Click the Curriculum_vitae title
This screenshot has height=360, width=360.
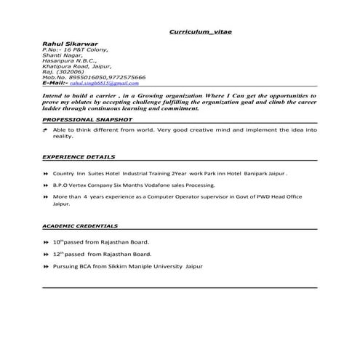point(200,33)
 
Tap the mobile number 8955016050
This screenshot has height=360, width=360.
point(87,77)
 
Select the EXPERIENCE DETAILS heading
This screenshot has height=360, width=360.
point(79,156)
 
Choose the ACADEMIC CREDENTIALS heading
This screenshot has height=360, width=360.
point(80,226)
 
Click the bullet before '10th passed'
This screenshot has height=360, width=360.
point(47,241)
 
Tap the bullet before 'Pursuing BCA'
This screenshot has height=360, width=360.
point(47,268)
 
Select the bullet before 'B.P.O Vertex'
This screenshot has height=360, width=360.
point(47,186)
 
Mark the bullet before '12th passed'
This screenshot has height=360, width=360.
point(47,255)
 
